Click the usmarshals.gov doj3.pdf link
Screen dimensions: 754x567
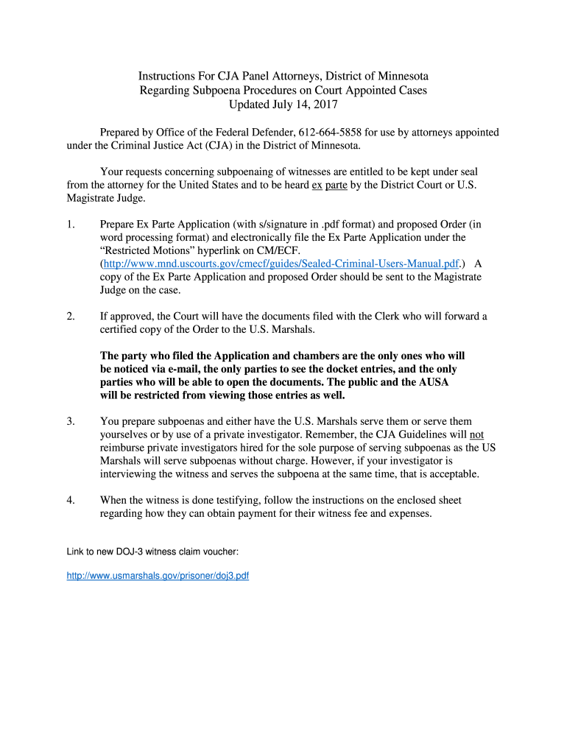pyautogui.click(x=158, y=576)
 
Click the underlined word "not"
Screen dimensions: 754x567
pyautogui.click(x=476, y=434)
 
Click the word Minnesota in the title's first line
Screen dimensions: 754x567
pyautogui.click(x=398, y=77)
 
